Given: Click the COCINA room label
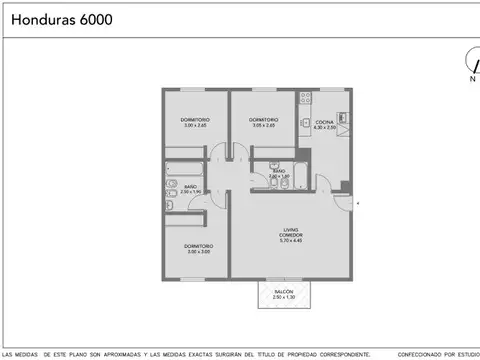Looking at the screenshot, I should point(323,122).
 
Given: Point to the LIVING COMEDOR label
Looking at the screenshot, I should point(291,231).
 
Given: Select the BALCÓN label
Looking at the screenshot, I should point(284,291).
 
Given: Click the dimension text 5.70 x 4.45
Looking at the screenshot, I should point(291,241).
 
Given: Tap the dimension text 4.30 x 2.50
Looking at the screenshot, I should point(323,128).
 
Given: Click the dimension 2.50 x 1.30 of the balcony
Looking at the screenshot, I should point(284,298).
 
